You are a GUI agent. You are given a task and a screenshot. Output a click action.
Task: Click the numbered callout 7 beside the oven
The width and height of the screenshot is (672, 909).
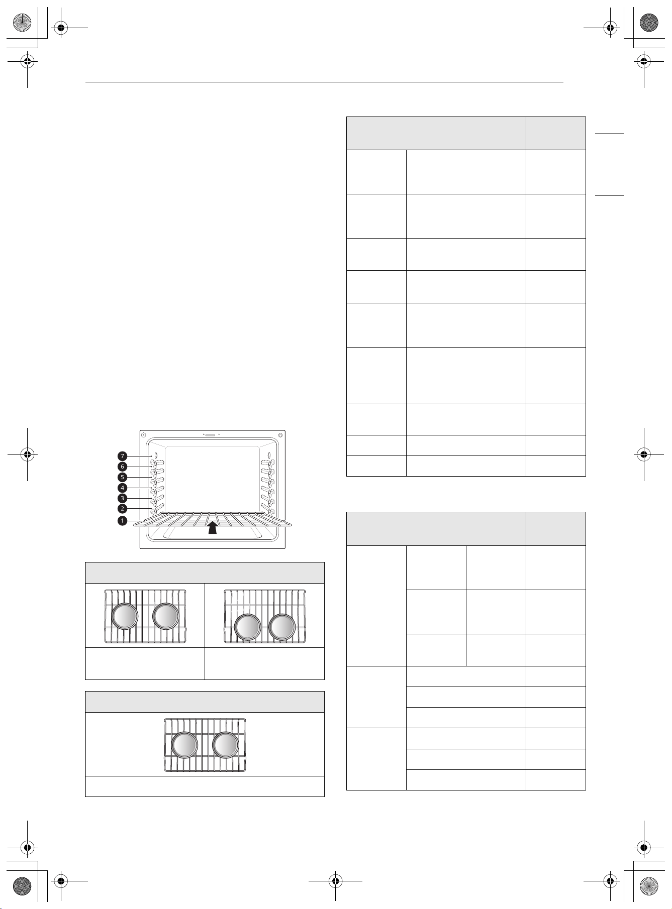[123, 456]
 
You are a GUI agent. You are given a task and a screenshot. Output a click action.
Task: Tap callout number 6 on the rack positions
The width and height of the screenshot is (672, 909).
[123, 467]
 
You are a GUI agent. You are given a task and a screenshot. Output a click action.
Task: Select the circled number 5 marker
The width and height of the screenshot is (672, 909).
[123, 477]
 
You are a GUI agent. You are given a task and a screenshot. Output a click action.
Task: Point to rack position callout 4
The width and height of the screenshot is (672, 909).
[123, 488]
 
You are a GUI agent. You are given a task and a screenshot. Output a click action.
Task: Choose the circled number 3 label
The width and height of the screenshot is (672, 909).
[123, 498]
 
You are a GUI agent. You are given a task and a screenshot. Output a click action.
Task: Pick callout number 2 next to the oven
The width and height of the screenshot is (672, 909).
[123, 509]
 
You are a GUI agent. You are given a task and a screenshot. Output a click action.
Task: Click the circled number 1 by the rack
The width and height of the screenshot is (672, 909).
[123, 521]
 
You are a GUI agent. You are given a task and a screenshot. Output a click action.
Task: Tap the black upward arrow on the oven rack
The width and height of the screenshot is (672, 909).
[213, 527]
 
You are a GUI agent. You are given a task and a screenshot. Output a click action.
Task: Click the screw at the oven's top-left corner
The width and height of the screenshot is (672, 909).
[143, 435]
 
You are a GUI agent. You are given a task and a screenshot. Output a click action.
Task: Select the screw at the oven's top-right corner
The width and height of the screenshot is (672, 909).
[280, 435]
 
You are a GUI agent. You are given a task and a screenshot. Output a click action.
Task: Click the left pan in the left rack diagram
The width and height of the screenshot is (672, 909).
[124, 616]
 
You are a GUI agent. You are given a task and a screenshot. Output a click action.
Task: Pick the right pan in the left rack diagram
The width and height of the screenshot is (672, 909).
[165, 616]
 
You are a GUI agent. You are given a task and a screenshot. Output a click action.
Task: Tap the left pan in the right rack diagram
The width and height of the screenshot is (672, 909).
[248, 627]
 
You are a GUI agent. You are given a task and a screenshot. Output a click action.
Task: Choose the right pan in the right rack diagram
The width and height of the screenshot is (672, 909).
[282, 627]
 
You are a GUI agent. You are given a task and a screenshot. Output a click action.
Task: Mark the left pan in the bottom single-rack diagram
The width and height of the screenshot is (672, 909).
[184, 745]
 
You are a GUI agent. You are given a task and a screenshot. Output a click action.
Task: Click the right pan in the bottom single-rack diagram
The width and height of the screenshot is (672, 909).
[226, 745]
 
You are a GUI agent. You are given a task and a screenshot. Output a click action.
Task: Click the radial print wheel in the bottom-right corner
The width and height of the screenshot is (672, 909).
[650, 884]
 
